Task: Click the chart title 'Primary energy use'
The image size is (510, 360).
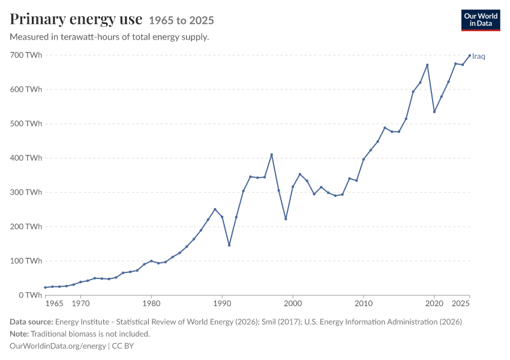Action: (76, 19)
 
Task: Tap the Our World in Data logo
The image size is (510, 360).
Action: (481, 20)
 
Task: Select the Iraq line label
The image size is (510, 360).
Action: (478, 56)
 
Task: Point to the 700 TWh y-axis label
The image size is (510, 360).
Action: (26, 55)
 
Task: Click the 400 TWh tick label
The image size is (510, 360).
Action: (26, 158)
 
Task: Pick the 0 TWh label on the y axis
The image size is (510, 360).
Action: (31, 295)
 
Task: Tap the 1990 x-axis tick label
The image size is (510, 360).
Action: (222, 304)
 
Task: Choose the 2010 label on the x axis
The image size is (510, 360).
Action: (364, 304)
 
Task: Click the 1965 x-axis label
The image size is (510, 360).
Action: (55, 304)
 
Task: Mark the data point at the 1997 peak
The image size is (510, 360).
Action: (272, 155)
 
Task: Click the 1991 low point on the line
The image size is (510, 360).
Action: (229, 245)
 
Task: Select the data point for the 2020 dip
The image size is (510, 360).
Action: (434, 112)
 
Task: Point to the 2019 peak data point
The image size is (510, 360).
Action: (427, 65)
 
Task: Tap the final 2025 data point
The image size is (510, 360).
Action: (469, 56)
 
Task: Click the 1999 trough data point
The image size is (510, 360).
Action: (286, 219)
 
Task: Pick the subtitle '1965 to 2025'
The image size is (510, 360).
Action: (181, 20)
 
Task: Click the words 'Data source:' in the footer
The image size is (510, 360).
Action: (31, 322)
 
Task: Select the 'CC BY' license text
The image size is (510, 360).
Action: (123, 346)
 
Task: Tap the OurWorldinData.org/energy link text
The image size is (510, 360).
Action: (58, 346)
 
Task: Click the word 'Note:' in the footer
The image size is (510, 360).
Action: (19, 334)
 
